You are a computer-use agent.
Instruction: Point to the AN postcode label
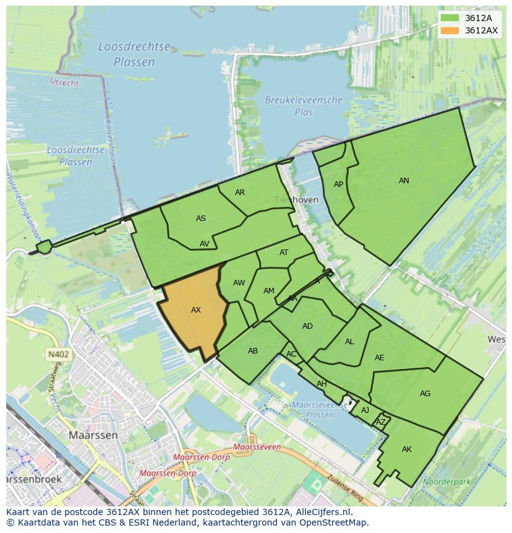[x=404, y=181]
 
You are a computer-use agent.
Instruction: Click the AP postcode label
[x=338, y=184]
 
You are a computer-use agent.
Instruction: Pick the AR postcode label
[x=240, y=193]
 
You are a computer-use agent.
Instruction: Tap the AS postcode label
[x=201, y=219]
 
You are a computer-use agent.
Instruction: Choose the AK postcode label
[x=406, y=449]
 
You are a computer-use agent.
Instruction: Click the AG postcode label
[x=425, y=394]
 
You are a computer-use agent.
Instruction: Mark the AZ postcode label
[x=381, y=422]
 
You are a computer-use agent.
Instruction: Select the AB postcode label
[x=252, y=351]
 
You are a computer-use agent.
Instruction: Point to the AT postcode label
[x=284, y=253]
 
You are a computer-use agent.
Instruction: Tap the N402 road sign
[x=58, y=355]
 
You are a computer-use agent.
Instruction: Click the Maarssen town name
[x=93, y=435]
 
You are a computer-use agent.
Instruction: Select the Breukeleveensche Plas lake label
[x=303, y=106]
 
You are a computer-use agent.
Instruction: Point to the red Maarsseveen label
[x=257, y=446]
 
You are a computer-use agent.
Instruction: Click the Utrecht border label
[x=64, y=82]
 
